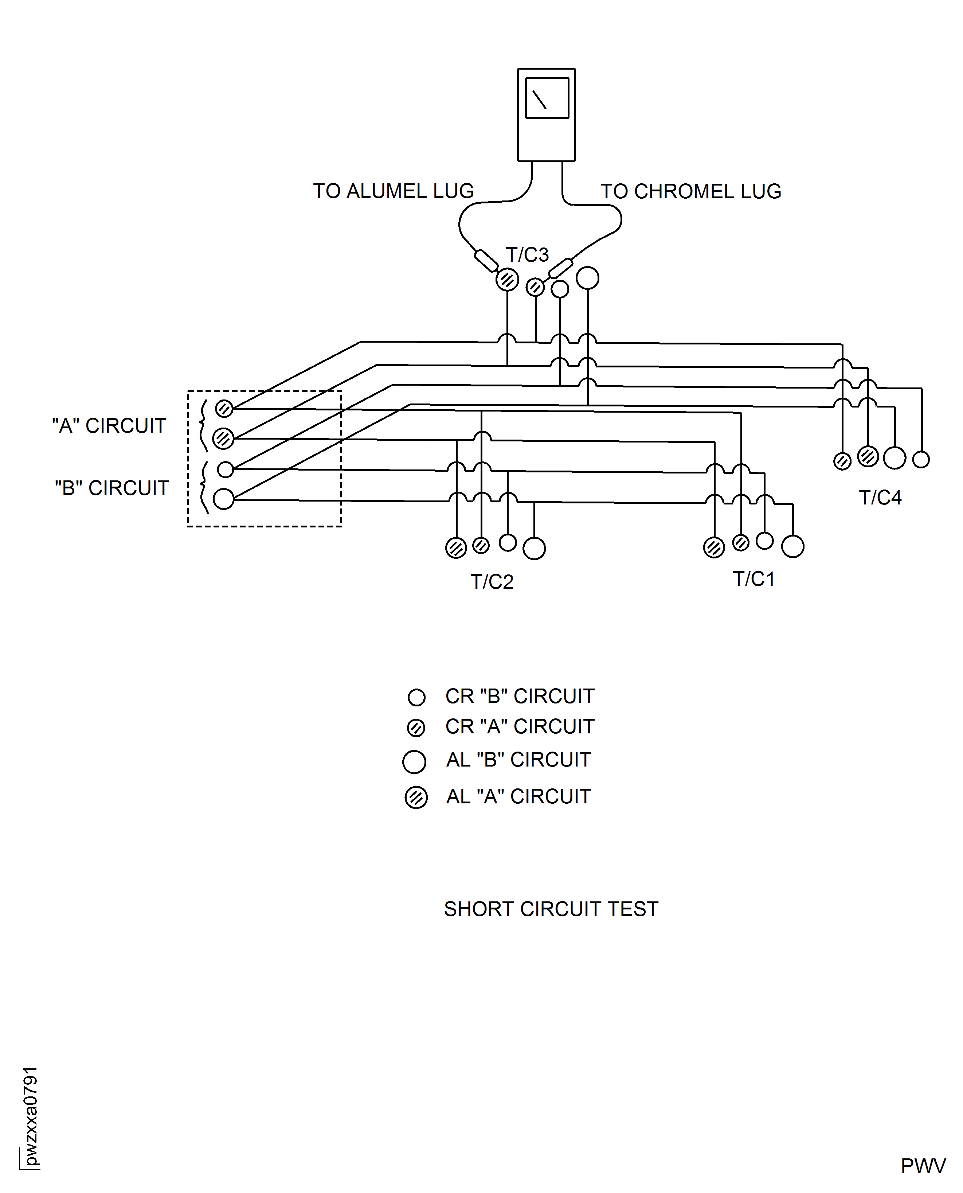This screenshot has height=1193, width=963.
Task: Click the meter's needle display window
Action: (x=547, y=98)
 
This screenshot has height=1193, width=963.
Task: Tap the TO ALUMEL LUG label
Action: (x=393, y=191)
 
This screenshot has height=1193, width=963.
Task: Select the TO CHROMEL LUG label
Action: (x=690, y=191)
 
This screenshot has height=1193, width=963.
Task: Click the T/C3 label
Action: (x=527, y=255)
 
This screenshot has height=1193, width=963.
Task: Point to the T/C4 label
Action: (x=880, y=498)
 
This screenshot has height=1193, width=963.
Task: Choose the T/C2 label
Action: (x=492, y=582)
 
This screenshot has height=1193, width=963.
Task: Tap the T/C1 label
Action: (x=753, y=579)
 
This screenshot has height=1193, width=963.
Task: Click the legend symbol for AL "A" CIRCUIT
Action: (x=416, y=798)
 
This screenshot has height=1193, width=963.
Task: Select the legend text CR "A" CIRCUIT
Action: (x=520, y=726)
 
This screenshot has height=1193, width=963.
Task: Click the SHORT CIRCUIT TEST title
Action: (x=551, y=909)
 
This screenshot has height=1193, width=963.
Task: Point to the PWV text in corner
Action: (x=923, y=1166)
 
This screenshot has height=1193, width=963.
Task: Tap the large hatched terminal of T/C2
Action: (x=456, y=548)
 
